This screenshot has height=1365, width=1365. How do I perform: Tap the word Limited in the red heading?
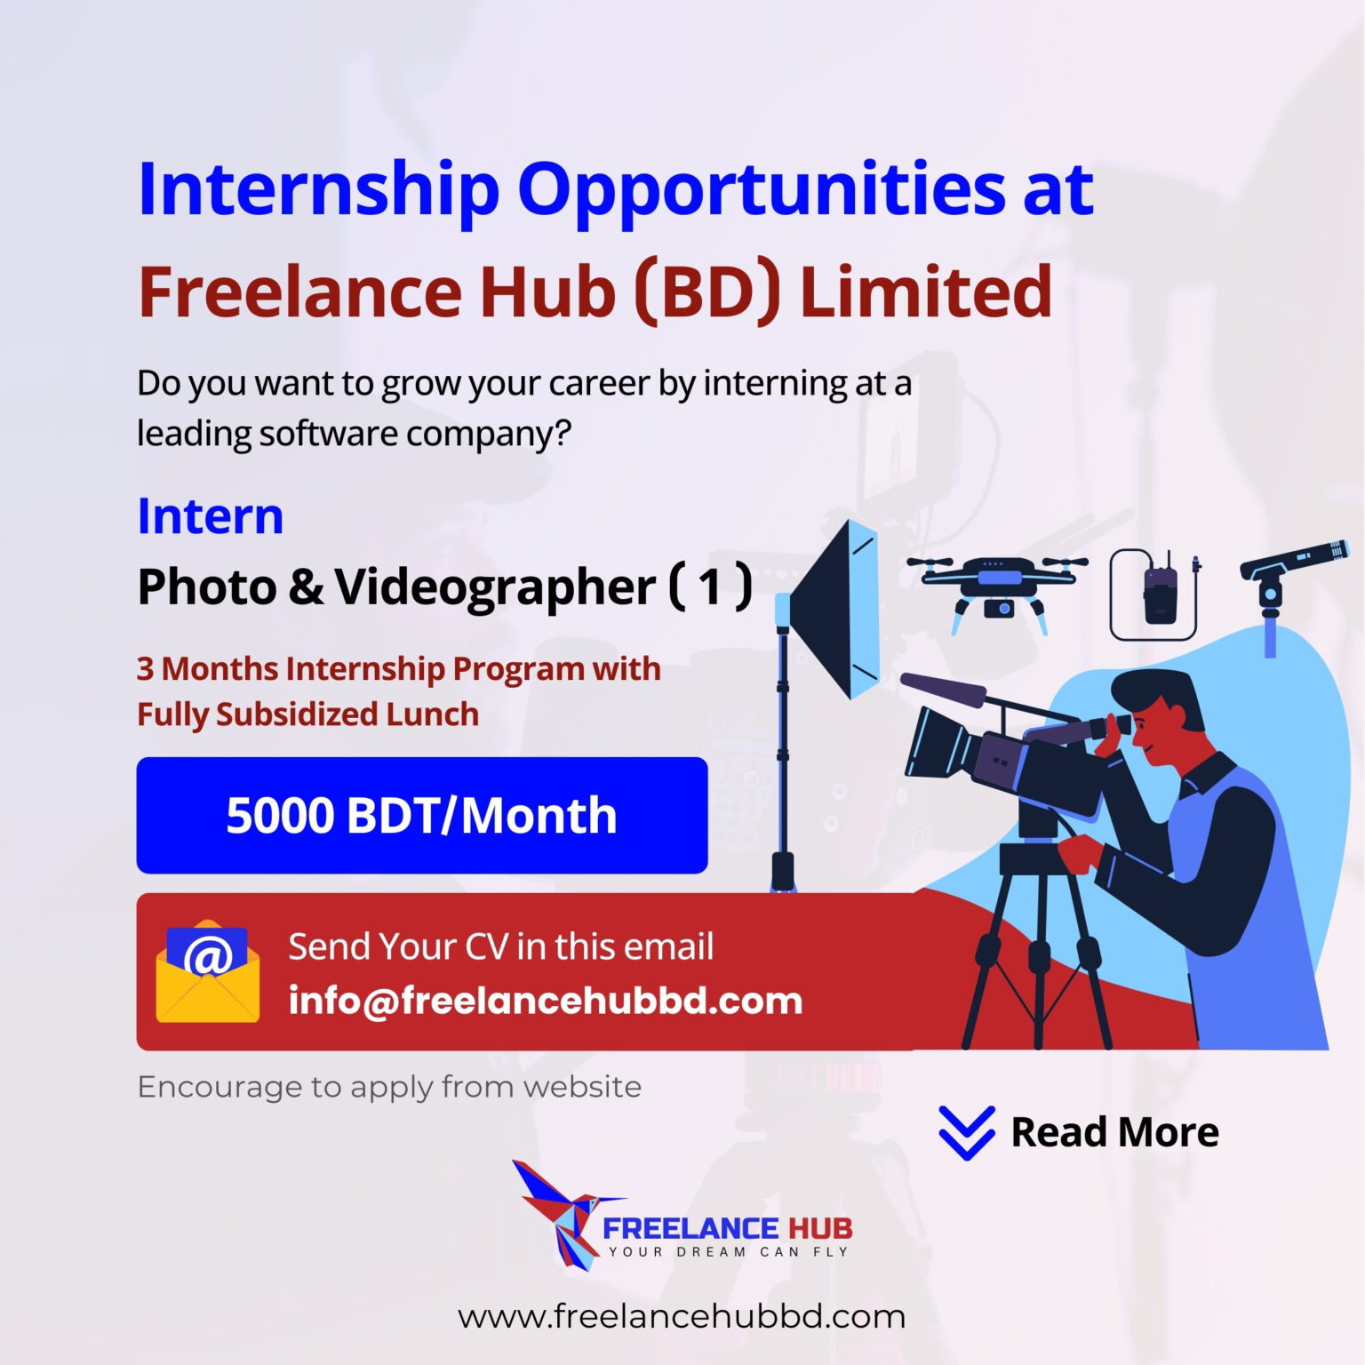point(926,291)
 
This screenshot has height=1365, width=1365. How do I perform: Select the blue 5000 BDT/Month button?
point(421,815)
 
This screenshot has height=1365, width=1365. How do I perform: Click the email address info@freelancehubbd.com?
point(545,1001)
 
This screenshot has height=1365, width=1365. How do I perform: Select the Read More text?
point(1114,1132)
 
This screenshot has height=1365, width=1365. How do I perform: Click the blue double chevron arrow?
point(966,1133)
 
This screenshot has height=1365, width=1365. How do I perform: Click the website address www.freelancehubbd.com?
point(682,1316)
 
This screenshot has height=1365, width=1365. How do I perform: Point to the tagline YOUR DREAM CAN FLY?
point(728,1252)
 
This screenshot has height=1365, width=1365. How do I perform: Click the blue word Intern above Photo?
point(210,516)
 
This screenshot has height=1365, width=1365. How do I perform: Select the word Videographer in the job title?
point(494,587)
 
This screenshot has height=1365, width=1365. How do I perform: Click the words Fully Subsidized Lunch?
point(307,714)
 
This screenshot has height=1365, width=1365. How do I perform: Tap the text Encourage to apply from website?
point(389,1087)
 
